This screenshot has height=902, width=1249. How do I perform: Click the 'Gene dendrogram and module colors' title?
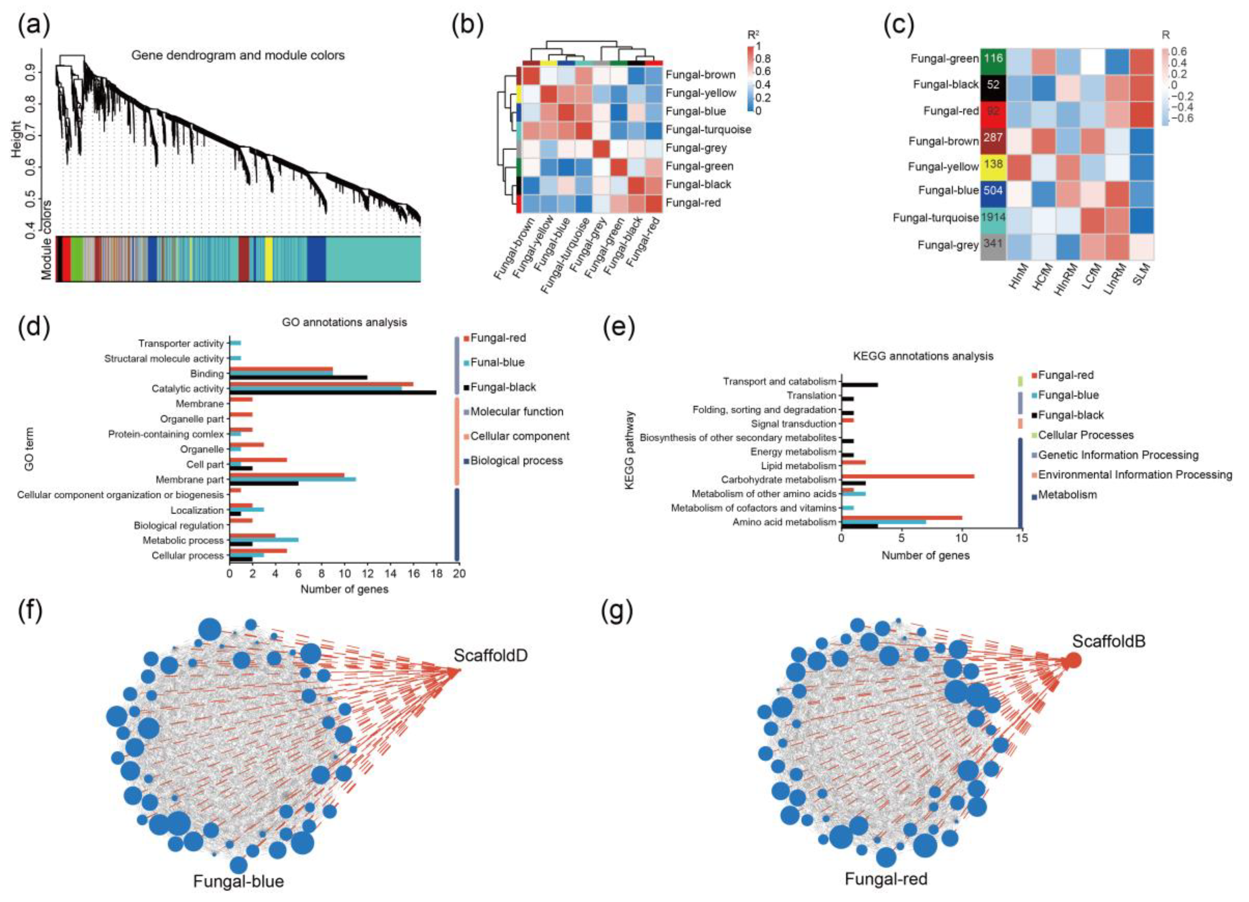[238, 55]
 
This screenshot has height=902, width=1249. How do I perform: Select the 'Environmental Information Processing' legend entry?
[1134, 474]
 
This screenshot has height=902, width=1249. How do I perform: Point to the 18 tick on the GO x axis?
[436, 573]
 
